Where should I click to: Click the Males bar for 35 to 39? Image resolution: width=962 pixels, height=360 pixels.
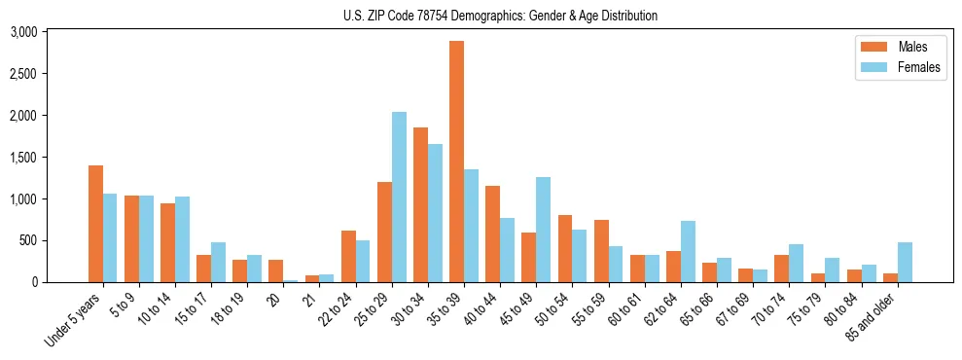coord(456,162)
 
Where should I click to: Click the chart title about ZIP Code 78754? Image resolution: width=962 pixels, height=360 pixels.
coord(500,16)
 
